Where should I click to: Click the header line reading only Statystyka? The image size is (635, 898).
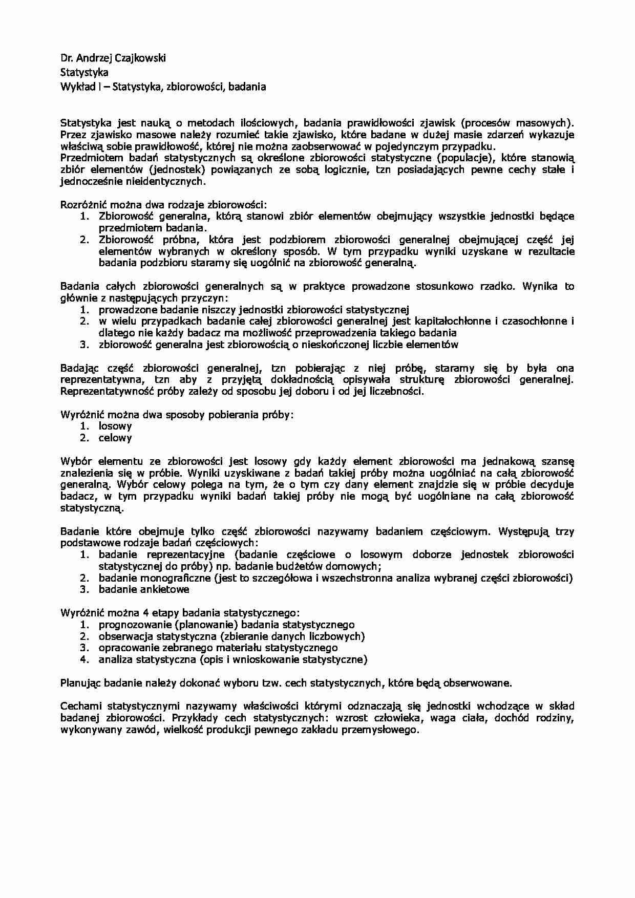[x=84, y=73]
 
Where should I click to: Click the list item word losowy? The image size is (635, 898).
[x=115, y=426]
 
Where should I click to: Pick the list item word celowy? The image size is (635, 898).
[x=115, y=438]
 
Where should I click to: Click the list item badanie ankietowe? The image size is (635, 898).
[x=144, y=589]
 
